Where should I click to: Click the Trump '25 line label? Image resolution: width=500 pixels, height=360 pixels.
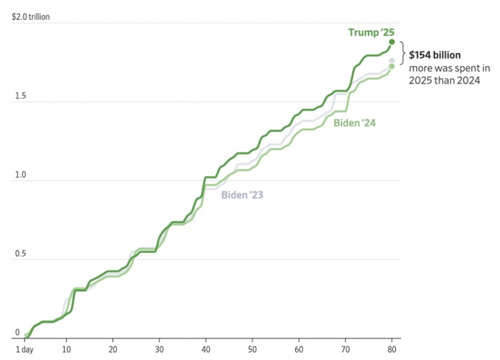[371, 32]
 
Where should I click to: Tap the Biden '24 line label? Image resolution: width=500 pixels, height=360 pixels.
[355, 122]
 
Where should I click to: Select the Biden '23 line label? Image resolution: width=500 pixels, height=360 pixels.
[242, 195]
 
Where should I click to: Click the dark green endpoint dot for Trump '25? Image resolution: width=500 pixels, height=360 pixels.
[392, 42]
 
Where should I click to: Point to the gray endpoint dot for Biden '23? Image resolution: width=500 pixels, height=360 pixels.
[392, 61]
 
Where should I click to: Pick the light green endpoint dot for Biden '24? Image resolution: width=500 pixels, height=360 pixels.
[392, 66]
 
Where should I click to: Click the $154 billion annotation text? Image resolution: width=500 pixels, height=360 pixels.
[435, 55]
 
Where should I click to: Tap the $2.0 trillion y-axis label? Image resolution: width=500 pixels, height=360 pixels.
[31, 17]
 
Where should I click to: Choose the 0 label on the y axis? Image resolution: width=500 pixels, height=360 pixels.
[17, 332]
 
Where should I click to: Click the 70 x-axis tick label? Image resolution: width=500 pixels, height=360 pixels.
[345, 349]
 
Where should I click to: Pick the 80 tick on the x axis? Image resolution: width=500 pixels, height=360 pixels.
[392, 349]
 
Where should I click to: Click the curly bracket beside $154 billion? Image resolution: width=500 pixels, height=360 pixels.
[402, 53]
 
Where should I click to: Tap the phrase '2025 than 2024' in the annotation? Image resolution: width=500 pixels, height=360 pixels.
[445, 80]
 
